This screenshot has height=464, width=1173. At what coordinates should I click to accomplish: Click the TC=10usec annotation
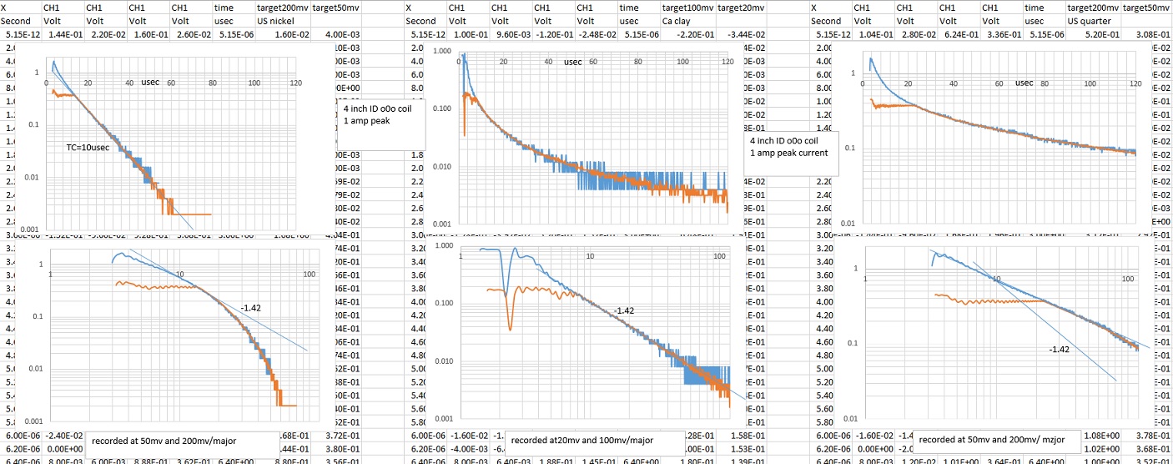86,147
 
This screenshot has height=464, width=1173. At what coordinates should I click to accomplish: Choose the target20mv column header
741,8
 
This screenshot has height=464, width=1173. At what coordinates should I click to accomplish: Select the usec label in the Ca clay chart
572,62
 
